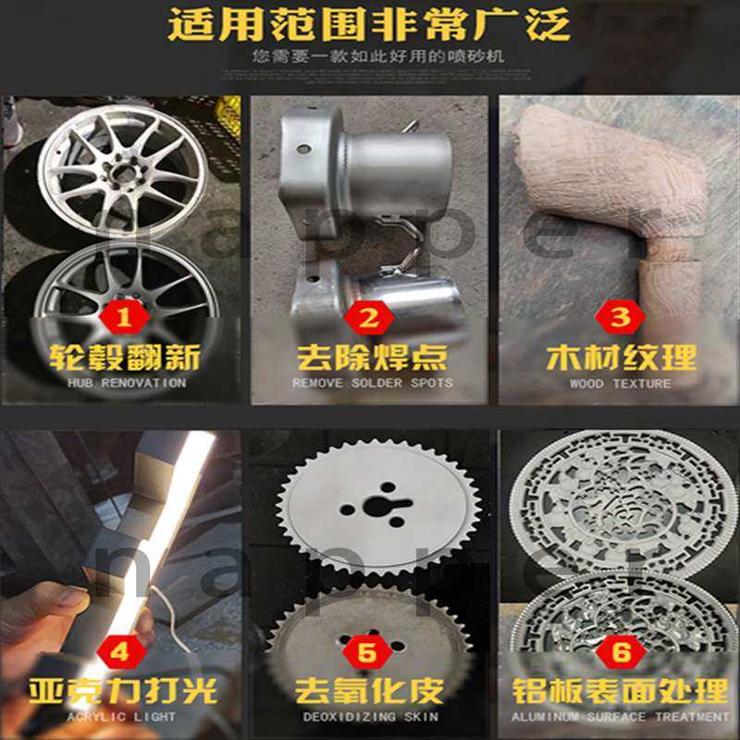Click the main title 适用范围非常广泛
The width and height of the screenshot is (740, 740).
pos(369,24)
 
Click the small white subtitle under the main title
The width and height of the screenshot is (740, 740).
pos(369,57)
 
